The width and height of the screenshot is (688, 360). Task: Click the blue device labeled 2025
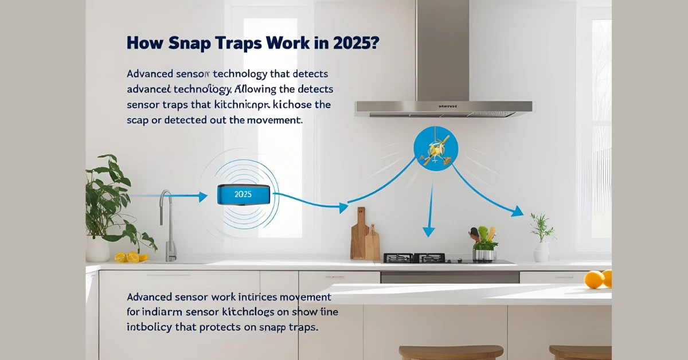pos(243,194)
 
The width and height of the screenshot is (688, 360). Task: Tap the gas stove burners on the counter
pos(413,258)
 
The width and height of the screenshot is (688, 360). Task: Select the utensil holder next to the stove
pos(484,252)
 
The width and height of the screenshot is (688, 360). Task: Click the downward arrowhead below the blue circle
pos(428,232)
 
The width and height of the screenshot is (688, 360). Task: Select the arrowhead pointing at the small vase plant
pos(517,212)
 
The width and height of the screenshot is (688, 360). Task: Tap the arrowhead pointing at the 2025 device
pos(202,197)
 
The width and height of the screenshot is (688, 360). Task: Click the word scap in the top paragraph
pos(138,120)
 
